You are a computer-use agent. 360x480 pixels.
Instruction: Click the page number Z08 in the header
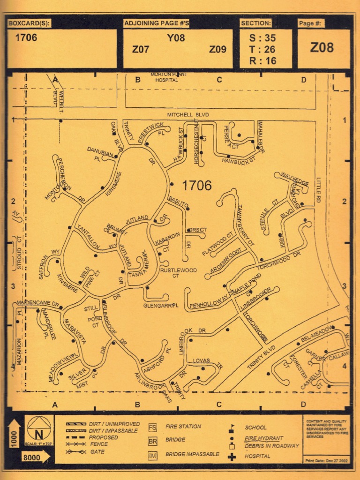pos(322,47)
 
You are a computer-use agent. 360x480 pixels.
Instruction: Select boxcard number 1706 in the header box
pos(26,37)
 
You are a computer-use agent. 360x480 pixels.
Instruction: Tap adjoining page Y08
pos(176,38)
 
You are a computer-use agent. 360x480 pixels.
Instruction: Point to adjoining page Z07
pos(141,49)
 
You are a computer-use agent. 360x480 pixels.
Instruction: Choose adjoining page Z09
pos(217,49)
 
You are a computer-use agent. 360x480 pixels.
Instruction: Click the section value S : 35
pos(263,38)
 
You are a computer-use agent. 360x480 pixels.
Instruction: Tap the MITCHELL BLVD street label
pos(188,115)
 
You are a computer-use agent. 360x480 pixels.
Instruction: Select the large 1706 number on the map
pos(196,186)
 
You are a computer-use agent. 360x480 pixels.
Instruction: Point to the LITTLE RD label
pos(318,189)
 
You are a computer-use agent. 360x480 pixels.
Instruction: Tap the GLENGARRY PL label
pos(161,306)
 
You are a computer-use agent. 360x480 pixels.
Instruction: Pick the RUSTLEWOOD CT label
pos(178,273)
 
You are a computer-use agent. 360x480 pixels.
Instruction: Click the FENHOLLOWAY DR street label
pos(210,306)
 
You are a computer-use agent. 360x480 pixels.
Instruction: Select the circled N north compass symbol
pos(38,428)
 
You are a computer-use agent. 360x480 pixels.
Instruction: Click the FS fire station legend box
pos(153,427)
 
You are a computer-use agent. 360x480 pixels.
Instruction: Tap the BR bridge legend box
pos(153,441)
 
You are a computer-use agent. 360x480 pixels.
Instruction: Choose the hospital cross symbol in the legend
pos(232,456)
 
